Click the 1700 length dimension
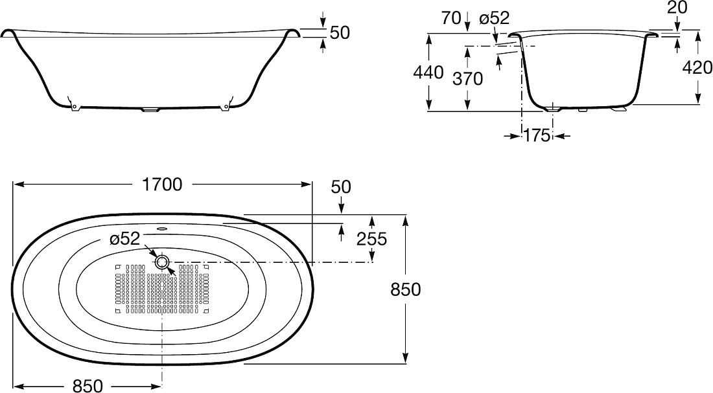point(162,185)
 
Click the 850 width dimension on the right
point(406,289)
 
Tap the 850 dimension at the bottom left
point(88,386)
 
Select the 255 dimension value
point(371,239)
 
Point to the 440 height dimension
point(428,73)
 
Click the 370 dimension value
point(467,78)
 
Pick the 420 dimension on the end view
point(697,68)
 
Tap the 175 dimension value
point(537,135)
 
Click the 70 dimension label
point(451,18)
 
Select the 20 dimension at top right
point(677,8)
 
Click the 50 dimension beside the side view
point(340,33)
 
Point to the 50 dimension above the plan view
point(341,186)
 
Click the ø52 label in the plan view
point(124,239)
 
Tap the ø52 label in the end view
point(495,18)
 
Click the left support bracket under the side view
point(73,104)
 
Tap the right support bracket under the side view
point(226,104)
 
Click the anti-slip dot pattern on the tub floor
point(161,289)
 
